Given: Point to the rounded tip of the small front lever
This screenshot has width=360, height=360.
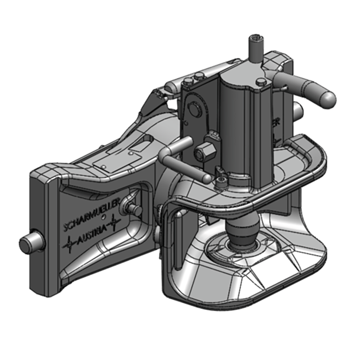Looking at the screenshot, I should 206,179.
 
